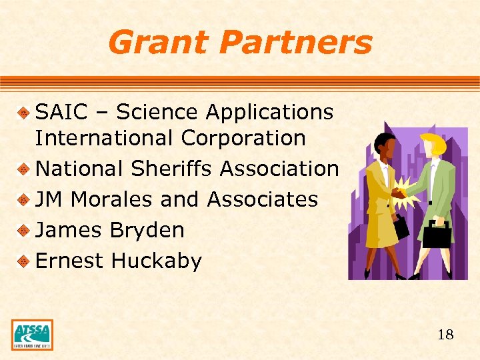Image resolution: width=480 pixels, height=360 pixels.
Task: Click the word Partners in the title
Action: coord(295,43)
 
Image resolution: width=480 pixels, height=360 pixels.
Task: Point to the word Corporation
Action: coord(243,139)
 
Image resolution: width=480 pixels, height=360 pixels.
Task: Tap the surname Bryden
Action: coord(147,230)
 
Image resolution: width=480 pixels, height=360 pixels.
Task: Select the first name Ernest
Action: coord(69,261)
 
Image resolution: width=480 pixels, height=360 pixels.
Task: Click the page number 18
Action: coord(445,335)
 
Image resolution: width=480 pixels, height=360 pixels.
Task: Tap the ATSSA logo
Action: coord(32,335)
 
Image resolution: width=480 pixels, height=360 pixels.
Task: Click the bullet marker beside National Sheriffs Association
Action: coord(24,169)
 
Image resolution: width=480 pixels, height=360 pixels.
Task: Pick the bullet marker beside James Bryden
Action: coord(24,231)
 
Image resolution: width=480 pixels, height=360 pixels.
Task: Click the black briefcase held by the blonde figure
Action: coord(437,234)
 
